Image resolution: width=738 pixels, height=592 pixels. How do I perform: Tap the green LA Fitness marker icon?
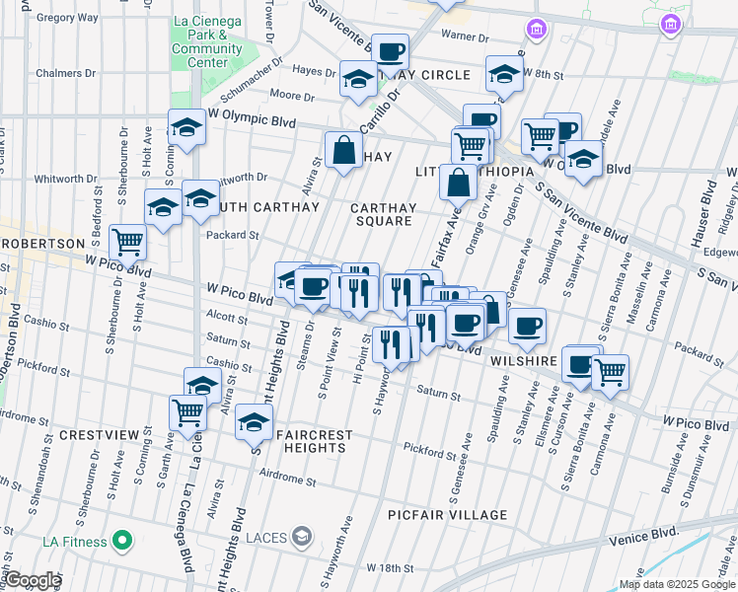(122, 541)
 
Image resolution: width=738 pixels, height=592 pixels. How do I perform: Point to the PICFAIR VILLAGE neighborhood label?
(447, 515)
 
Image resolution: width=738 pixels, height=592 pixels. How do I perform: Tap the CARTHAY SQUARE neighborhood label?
(383, 214)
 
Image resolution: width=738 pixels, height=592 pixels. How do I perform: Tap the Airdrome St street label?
(285, 482)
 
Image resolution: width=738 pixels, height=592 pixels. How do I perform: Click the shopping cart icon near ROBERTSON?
(127, 240)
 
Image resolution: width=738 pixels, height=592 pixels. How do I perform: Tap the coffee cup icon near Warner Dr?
(390, 51)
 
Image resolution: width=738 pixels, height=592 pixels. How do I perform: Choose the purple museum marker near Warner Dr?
(536, 30)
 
